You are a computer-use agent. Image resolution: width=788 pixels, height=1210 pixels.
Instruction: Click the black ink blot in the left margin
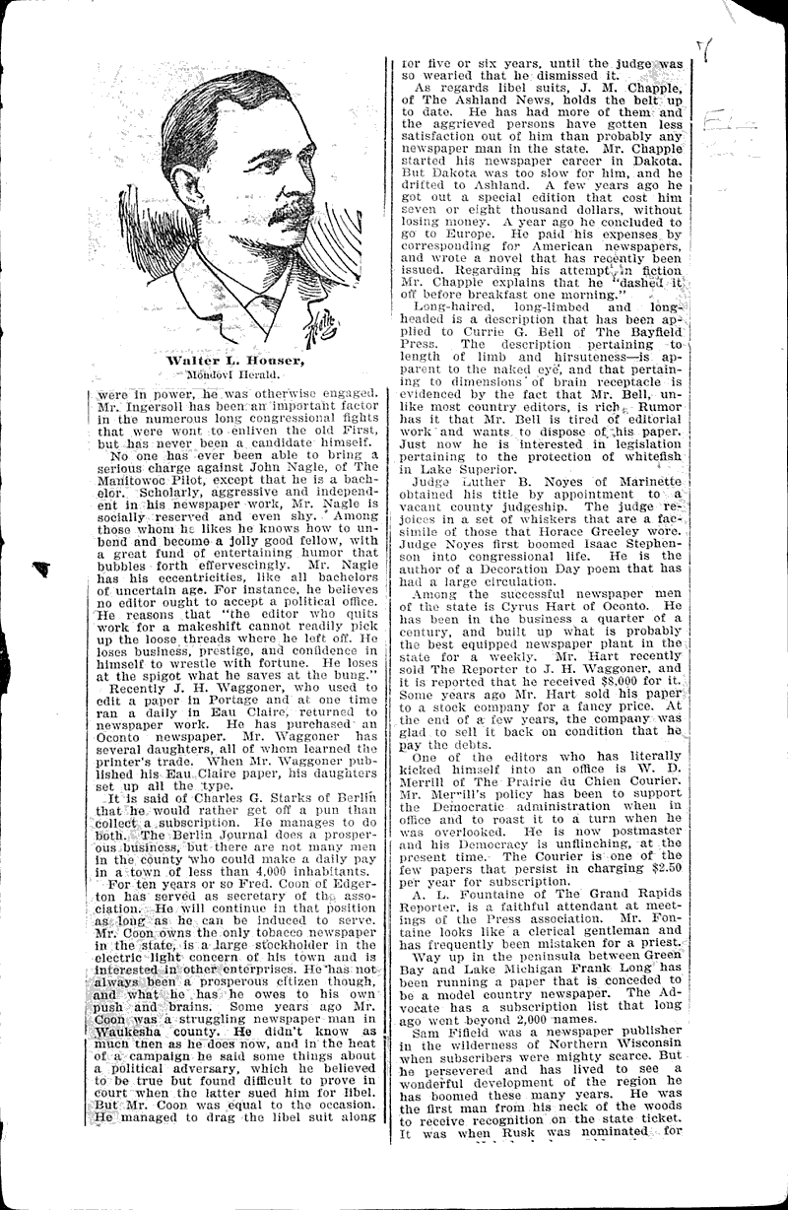pyautogui.click(x=42, y=568)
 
